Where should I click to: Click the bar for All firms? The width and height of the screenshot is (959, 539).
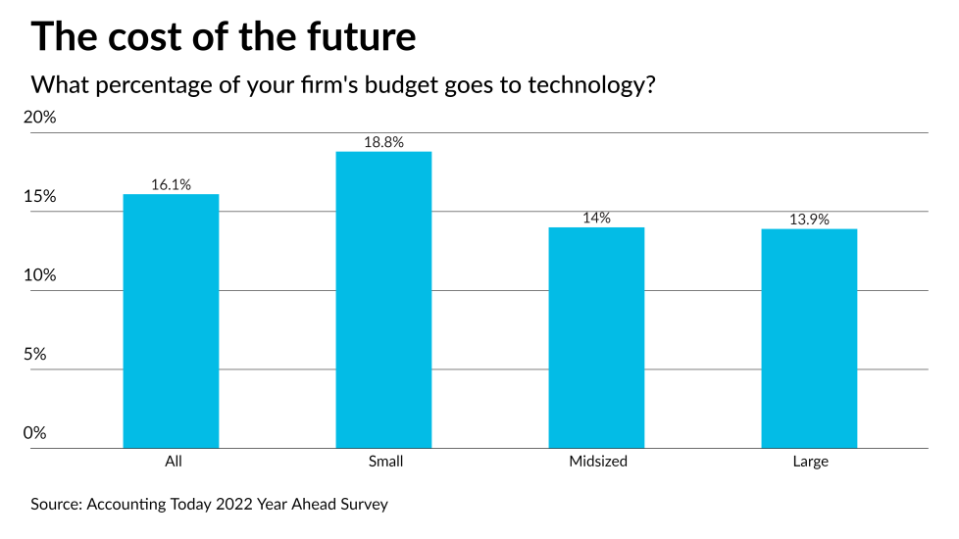(171, 320)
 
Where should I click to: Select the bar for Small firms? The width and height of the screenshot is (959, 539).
(383, 300)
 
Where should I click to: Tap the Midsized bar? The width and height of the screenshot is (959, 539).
(596, 337)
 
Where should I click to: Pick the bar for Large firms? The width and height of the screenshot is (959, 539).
(809, 338)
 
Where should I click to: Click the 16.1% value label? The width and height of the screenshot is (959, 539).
(171, 184)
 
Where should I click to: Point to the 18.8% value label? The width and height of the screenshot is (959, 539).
(383, 142)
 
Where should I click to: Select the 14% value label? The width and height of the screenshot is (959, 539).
(596, 218)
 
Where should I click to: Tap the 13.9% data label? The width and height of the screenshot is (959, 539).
(809, 220)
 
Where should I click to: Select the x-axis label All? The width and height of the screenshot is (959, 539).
(174, 462)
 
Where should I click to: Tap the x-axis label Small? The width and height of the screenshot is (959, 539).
(383, 462)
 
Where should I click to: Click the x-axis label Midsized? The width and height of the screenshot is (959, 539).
(596, 462)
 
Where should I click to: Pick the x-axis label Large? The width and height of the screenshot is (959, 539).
(809, 462)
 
